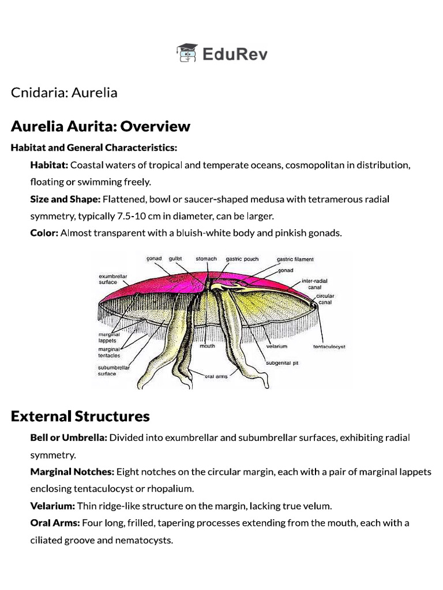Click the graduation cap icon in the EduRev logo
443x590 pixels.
click(x=187, y=54)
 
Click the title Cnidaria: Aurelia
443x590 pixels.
click(x=64, y=92)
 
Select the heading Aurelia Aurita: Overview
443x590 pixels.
click(x=100, y=126)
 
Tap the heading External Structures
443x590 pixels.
click(x=80, y=416)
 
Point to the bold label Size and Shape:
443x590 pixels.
click(x=66, y=199)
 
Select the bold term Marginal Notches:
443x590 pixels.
click(x=72, y=472)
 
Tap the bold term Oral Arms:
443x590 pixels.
click(x=55, y=523)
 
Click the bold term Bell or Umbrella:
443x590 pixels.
click(x=69, y=437)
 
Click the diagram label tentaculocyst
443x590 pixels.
click(x=329, y=347)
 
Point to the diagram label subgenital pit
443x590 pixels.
click(x=281, y=363)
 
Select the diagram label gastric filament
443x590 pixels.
click(x=295, y=259)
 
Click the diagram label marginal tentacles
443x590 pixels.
click(x=108, y=352)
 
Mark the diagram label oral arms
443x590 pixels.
click(x=217, y=377)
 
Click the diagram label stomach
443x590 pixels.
click(x=206, y=259)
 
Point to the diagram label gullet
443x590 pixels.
click(x=175, y=259)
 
